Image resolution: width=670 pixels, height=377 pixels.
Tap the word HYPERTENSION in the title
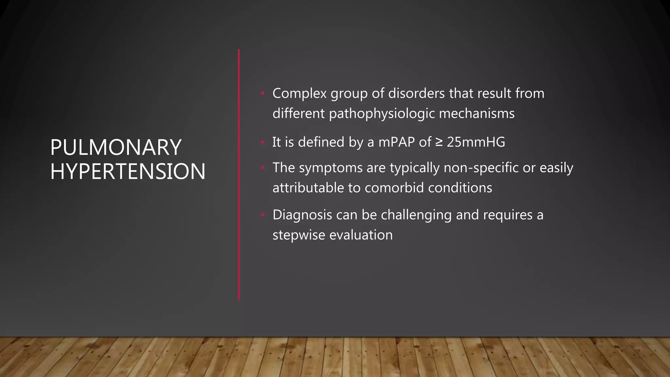coord(128,171)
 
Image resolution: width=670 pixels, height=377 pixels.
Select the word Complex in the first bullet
coord(299,93)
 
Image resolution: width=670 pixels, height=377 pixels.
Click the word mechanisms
coord(477,114)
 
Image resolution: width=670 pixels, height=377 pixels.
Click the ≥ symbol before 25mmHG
coord(439,142)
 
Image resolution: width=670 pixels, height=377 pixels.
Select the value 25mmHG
coord(476,142)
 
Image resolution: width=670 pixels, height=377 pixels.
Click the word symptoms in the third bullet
coord(331,168)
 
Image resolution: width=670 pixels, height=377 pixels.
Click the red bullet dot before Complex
coord(262,94)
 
